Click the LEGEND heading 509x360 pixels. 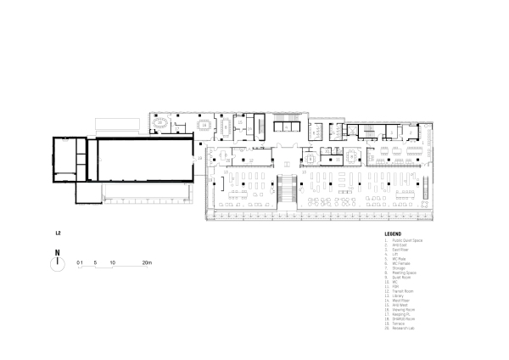(392, 233)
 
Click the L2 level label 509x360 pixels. (57, 231)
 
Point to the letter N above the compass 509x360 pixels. (56, 252)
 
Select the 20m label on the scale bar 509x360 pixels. (146, 263)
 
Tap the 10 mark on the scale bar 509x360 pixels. (112, 263)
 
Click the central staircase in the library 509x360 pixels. (286, 188)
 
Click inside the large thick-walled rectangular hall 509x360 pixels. (144, 160)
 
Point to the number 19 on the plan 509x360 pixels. (200, 157)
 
